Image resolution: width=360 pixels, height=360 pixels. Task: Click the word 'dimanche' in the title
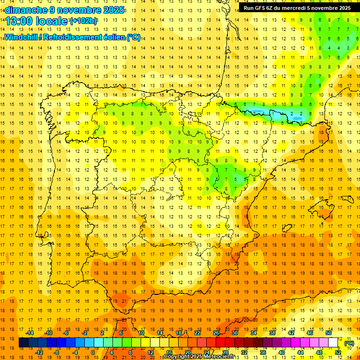26,10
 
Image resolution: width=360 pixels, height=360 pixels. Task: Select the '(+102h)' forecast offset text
83,21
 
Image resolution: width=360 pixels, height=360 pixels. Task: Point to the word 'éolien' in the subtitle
113,37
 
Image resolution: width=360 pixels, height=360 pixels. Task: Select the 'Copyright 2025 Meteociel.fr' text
199,357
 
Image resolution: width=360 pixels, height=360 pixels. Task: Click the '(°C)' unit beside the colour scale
349,343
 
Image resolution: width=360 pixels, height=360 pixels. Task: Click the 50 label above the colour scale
329,333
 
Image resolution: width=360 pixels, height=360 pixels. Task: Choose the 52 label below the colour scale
338,352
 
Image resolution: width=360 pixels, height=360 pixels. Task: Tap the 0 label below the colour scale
93,352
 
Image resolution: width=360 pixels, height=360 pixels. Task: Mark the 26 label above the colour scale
216,333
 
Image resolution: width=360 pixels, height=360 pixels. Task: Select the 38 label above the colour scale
272,333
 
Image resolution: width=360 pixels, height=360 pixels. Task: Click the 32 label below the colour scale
244,352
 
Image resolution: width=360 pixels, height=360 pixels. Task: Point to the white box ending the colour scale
333,343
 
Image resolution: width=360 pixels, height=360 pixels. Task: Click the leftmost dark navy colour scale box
23,343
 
